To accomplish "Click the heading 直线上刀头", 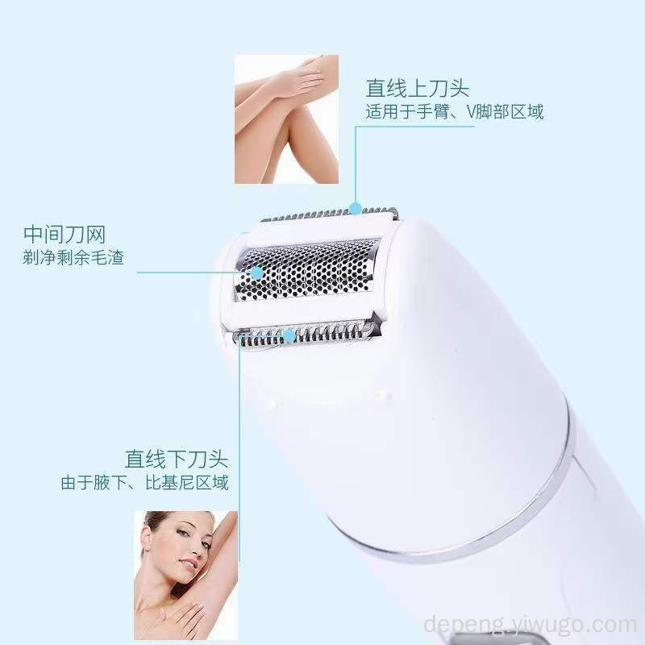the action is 417,88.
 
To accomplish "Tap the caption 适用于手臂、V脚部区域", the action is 455,112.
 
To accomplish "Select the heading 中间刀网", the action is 64,235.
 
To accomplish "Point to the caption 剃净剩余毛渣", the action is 73,258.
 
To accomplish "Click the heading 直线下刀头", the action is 177,459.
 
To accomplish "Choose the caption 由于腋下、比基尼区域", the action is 145,483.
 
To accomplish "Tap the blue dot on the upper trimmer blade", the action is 356,209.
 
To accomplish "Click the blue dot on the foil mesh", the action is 257,273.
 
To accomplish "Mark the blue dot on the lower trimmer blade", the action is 289,336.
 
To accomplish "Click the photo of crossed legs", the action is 287,119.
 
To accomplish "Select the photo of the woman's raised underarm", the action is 186,575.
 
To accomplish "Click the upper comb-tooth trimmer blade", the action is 329,214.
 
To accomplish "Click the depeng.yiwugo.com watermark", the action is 531,624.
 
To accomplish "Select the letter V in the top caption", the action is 471,112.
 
